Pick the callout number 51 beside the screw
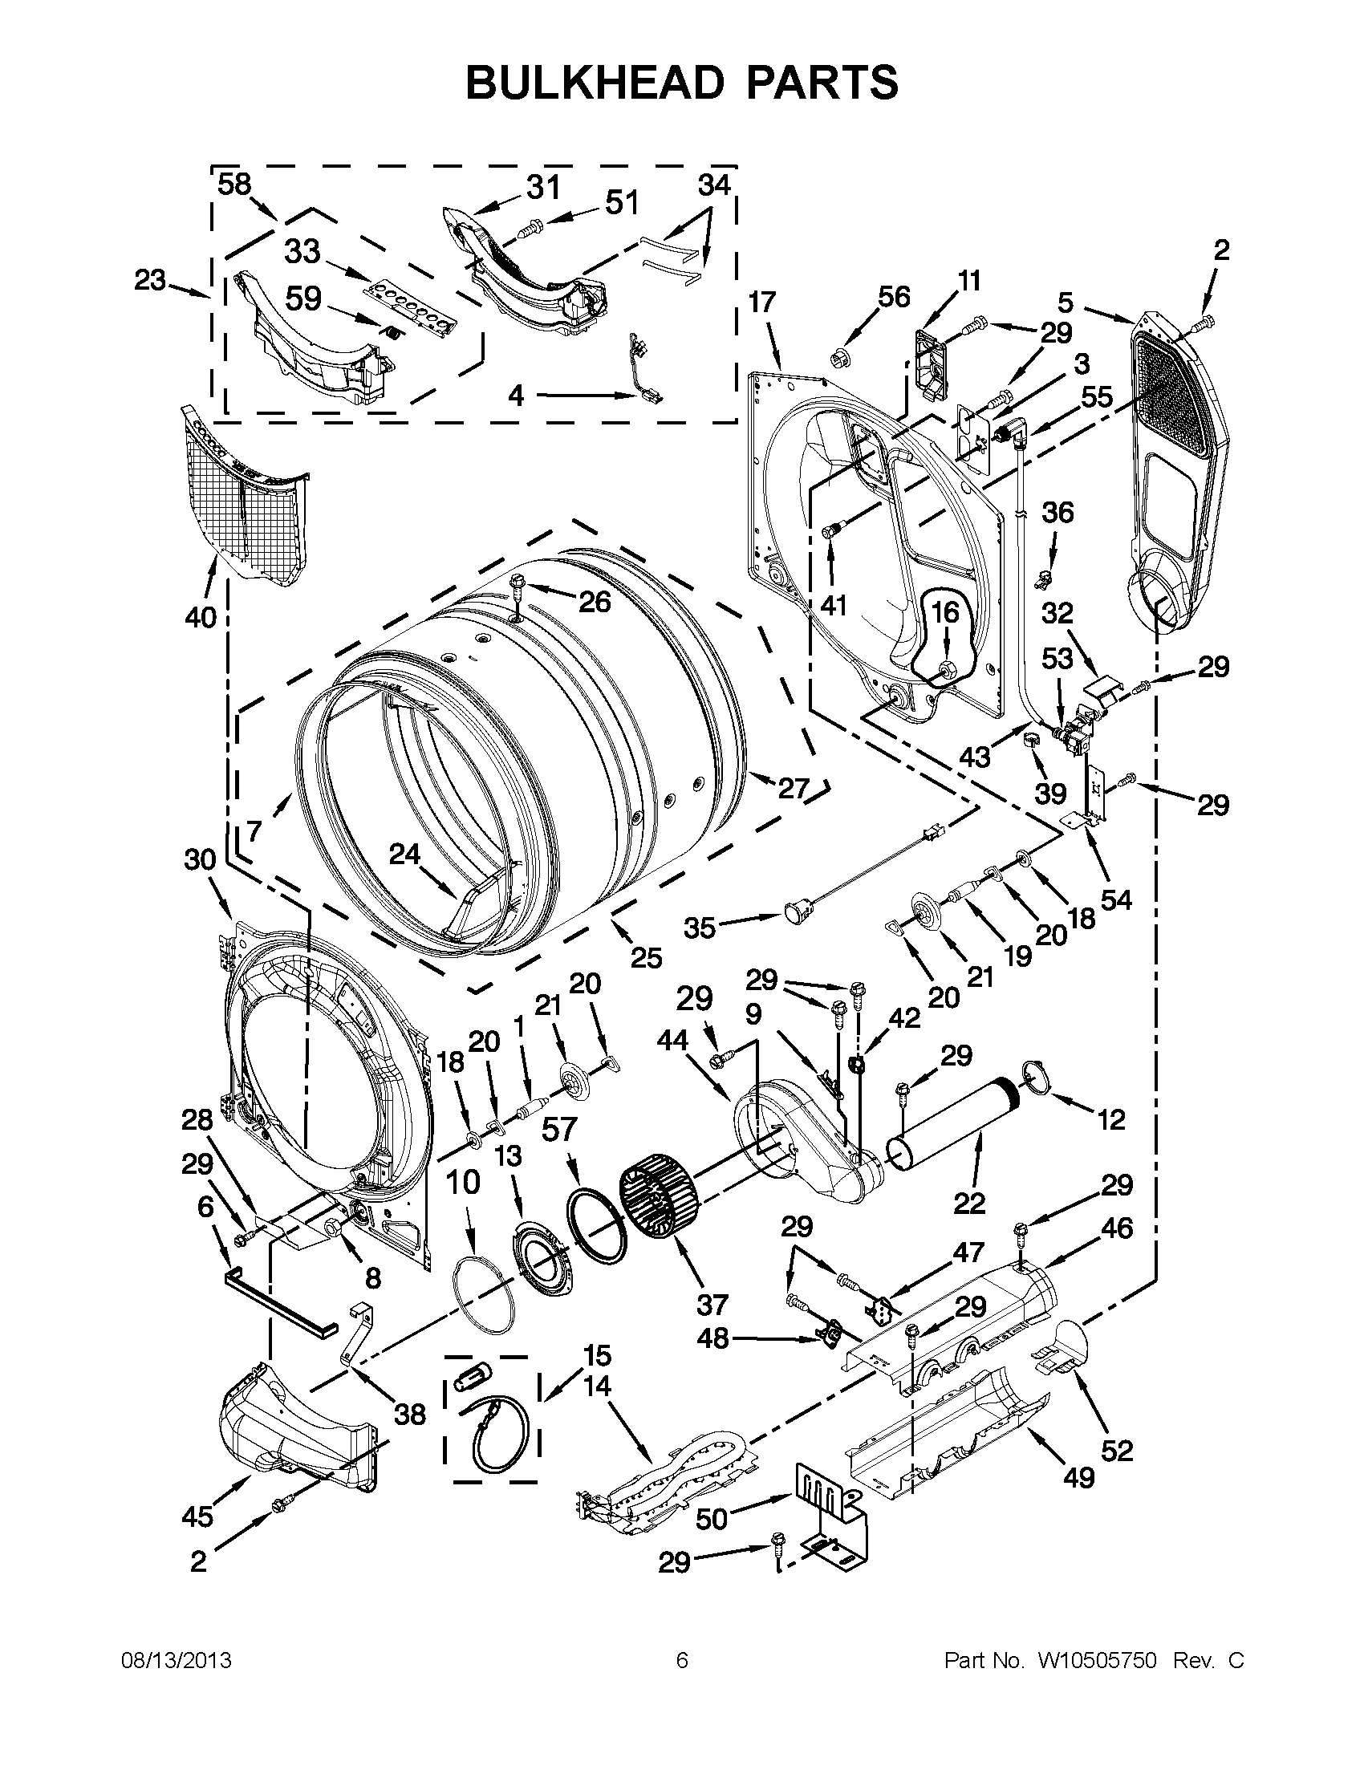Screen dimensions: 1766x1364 (622, 202)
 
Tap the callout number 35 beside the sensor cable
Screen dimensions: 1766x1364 (700, 928)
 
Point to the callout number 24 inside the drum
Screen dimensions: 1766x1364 (405, 854)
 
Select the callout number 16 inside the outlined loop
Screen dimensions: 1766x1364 (944, 612)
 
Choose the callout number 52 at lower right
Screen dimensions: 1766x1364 (1117, 1451)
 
